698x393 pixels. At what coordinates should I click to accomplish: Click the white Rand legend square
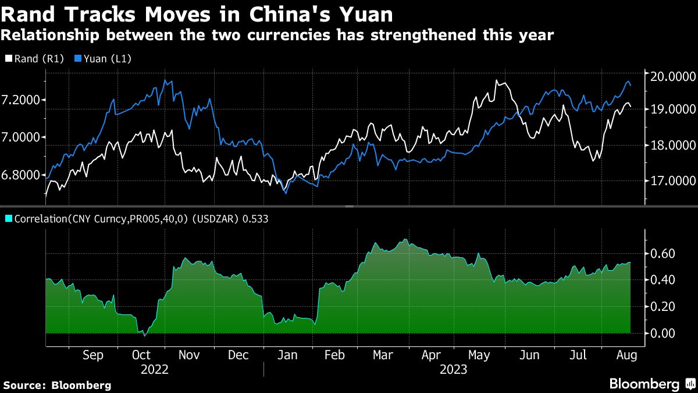8,58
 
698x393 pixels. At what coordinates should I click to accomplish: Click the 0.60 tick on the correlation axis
663,253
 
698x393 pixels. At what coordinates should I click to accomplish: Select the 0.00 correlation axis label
663,333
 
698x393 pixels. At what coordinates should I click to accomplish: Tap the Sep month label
93,355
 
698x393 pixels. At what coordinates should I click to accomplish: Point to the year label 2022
155,369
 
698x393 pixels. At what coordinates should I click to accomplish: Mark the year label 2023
455,369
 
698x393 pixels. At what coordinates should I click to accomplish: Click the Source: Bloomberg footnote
57,385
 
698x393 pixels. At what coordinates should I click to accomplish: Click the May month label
479,355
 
